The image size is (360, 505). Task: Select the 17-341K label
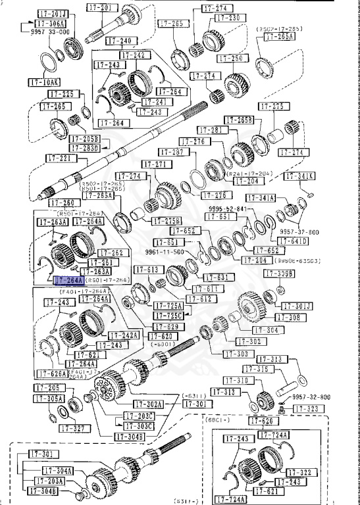pos(299,176)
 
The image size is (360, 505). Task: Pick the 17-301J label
pos(297,306)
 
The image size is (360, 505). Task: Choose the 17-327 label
pos(72,428)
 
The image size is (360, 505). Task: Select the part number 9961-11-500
pos(179,251)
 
